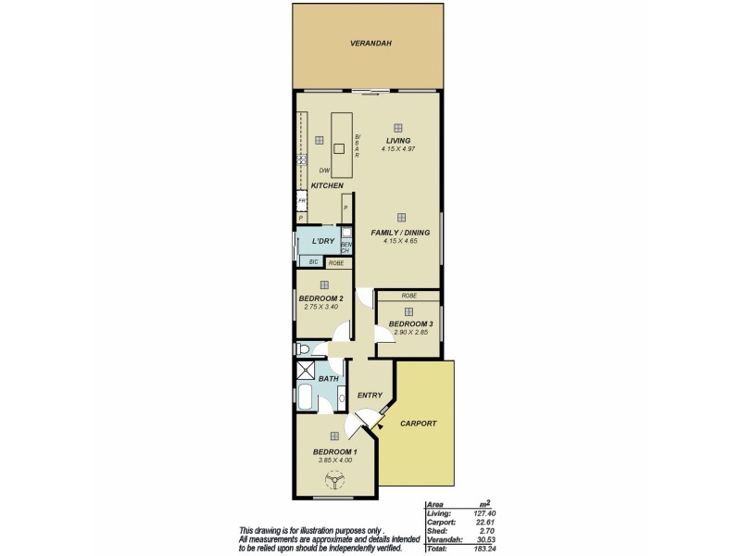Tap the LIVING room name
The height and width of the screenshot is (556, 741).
(x=397, y=140)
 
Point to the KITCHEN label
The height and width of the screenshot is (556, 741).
(x=327, y=186)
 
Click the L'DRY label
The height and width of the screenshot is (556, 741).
(x=322, y=241)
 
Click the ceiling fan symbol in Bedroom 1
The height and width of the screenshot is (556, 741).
(x=333, y=480)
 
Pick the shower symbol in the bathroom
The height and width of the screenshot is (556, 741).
(x=306, y=371)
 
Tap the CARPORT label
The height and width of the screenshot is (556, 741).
(x=418, y=423)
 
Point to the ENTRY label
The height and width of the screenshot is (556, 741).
(x=369, y=396)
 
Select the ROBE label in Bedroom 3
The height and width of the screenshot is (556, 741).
(x=408, y=296)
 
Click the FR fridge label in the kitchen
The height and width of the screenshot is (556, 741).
(x=301, y=201)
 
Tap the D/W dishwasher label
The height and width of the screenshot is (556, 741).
(x=324, y=171)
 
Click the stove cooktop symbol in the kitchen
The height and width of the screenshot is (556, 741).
(x=301, y=159)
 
